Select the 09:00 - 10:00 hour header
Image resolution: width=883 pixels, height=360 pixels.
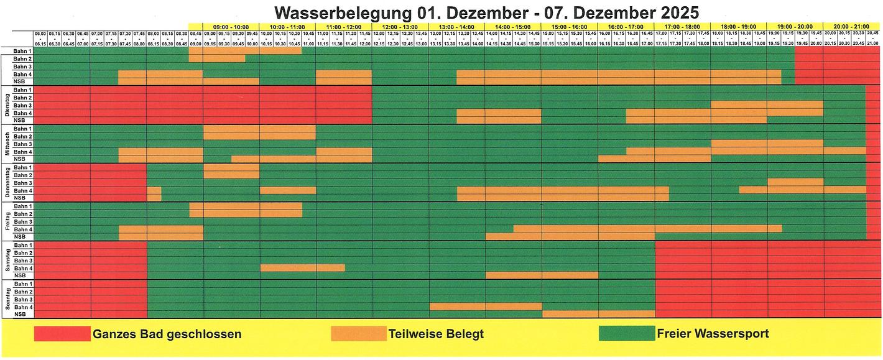click(231, 27)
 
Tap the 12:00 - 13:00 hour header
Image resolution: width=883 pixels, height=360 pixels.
click(400, 27)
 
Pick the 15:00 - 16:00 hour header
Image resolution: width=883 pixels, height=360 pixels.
click(569, 27)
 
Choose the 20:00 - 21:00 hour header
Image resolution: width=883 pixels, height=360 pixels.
click(851, 27)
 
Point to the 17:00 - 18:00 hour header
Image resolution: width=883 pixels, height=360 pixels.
click(682, 27)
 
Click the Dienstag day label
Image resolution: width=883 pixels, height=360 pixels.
click(6, 105)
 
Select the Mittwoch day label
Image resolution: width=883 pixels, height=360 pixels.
click(6, 144)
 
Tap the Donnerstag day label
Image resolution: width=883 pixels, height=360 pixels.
click(6, 183)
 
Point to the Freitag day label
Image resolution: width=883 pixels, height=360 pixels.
click(6, 221)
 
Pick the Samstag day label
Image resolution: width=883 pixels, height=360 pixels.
click(6, 260)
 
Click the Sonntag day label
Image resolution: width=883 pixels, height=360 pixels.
click(6, 299)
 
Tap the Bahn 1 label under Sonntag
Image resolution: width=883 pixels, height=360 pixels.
click(23, 284)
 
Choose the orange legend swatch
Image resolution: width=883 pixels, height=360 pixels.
click(358, 334)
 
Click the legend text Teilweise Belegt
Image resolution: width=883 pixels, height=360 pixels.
click(436, 334)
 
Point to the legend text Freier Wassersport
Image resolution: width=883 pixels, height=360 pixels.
click(713, 334)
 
